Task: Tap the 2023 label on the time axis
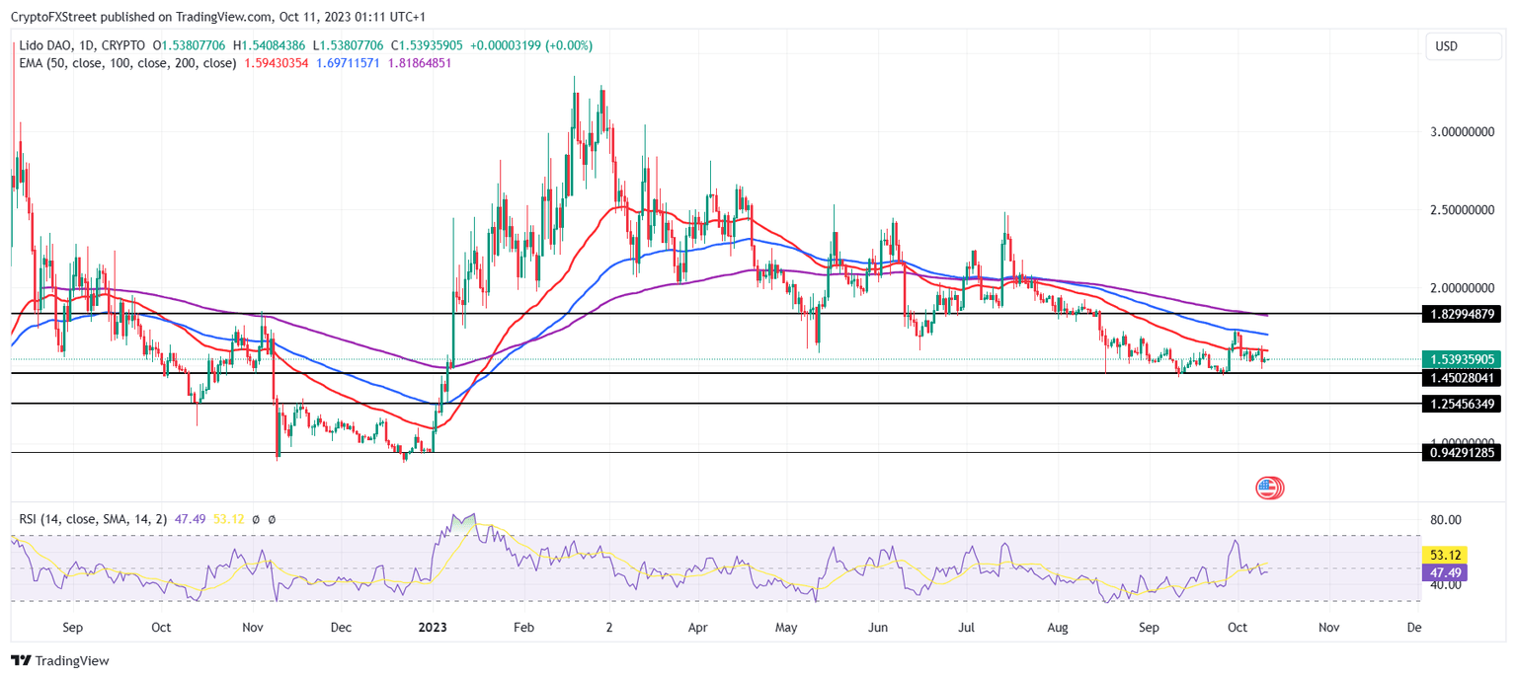coord(433,627)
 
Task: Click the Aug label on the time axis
coord(1058,627)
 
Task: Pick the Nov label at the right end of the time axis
coord(1329,627)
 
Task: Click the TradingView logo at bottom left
coord(60,660)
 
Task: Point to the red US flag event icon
coord(1268,487)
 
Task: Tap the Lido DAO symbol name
coord(48,45)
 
